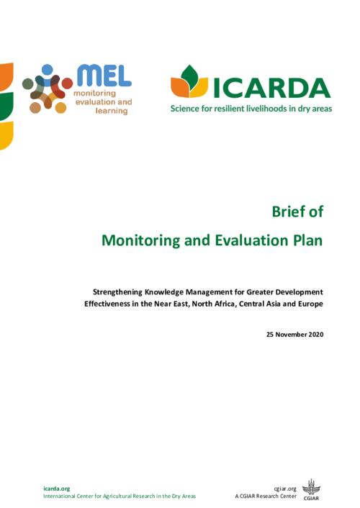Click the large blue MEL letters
(104, 76)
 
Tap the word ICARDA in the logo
(271, 88)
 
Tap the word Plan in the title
(307, 240)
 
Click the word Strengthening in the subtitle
(118, 292)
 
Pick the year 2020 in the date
(316, 335)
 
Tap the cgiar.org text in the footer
(285, 489)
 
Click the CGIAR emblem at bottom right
(311, 489)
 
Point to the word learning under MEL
(112, 111)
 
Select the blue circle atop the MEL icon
(48, 69)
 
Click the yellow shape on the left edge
(6, 135)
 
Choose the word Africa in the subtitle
(225, 304)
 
